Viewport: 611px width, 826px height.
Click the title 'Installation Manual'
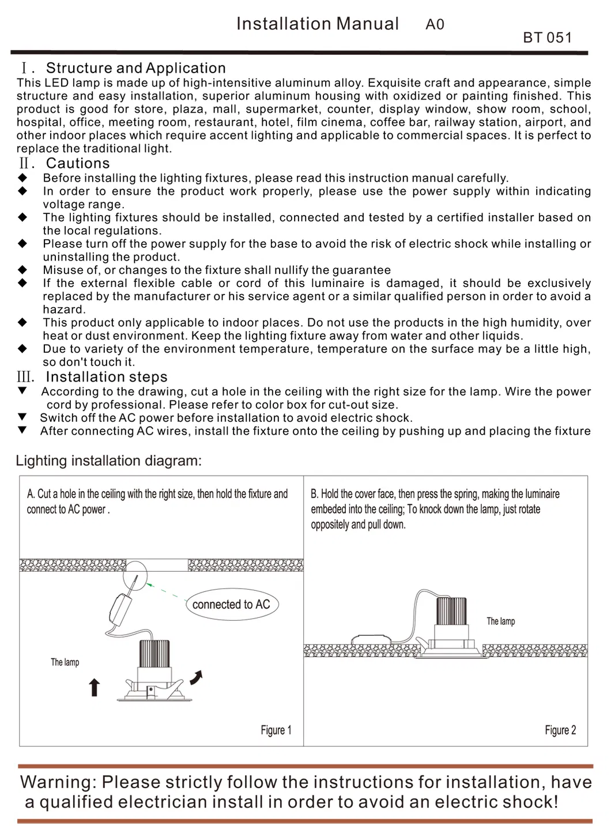(x=317, y=24)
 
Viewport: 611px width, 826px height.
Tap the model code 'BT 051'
(x=547, y=38)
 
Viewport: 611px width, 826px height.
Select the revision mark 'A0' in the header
(x=435, y=24)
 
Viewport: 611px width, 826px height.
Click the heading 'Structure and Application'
(x=135, y=68)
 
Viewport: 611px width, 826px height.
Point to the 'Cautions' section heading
(x=78, y=164)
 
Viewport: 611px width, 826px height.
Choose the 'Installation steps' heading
(x=107, y=377)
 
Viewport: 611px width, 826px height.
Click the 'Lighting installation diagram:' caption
(x=109, y=461)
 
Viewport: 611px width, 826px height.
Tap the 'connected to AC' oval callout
(x=231, y=605)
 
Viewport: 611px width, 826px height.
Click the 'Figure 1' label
(x=276, y=730)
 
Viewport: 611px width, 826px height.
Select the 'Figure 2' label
(x=560, y=730)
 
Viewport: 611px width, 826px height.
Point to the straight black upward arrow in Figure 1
(x=95, y=687)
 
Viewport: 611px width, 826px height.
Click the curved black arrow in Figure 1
(x=197, y=678)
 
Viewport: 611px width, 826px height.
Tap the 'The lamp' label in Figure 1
(x=65, y=662)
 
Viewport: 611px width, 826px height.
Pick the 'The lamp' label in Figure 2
(x=500, y=621)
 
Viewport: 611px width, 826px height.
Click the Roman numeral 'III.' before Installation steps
(x=25, y=378)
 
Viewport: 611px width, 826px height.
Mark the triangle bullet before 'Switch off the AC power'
(x=22, y=417)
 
